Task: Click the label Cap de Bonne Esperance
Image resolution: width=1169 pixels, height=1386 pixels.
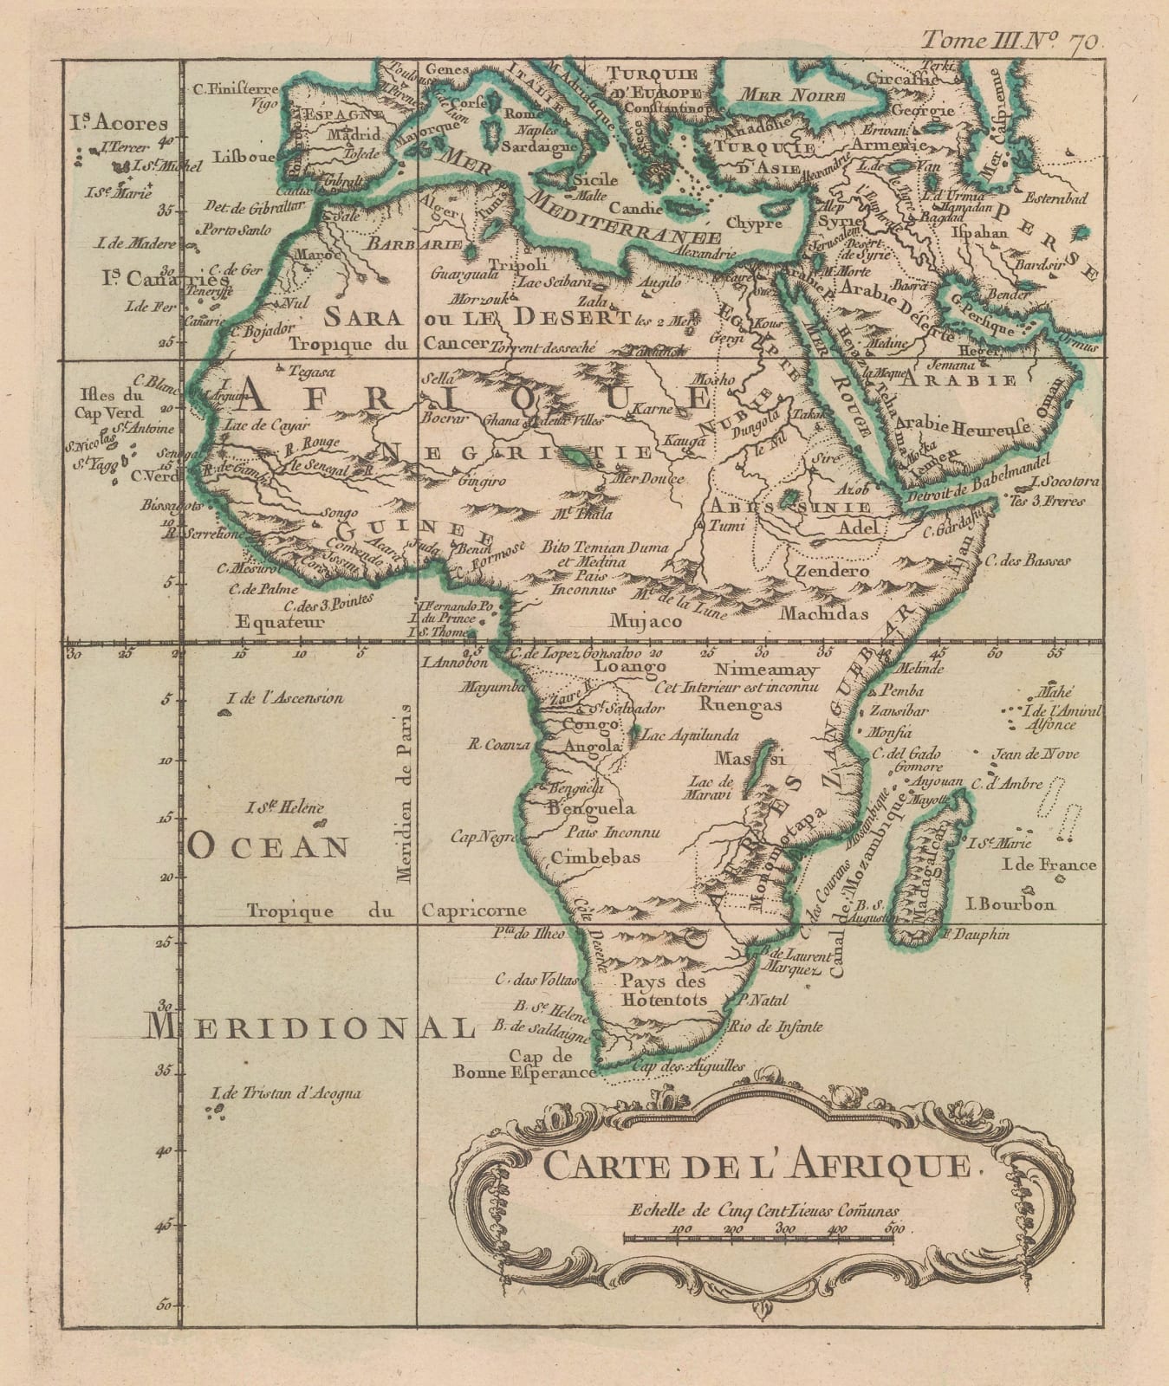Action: [524, 1064]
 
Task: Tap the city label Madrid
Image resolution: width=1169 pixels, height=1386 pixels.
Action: [352, 135]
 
